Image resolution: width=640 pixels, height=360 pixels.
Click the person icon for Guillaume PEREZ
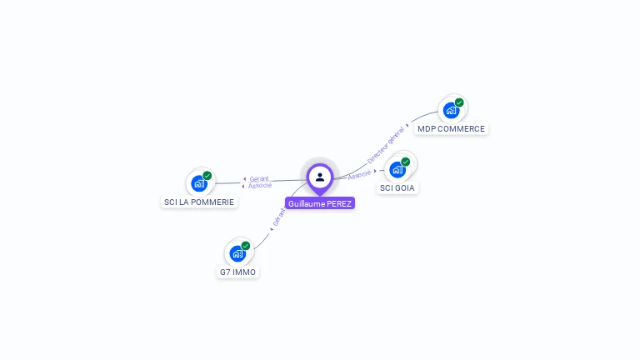coord(320,177)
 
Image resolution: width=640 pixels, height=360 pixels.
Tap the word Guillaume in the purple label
coord(307,203)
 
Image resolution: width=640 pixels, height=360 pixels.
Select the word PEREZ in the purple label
coord(339,203)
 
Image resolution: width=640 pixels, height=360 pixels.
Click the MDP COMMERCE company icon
coord(451,110)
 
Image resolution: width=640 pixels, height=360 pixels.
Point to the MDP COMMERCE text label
coord(451,129)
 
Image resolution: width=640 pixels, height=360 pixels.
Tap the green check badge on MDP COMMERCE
coord(459,102)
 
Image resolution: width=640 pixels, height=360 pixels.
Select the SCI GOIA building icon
coord(397,169)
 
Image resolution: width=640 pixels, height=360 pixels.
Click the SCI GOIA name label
coord(397,188)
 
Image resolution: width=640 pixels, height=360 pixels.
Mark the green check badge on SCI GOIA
coord(406,162)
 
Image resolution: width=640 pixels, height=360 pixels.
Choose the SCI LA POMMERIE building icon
coord(199,183)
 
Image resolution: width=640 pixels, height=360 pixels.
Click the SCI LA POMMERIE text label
coord(199,202)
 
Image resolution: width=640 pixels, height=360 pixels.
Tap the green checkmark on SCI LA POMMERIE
coord(207,176)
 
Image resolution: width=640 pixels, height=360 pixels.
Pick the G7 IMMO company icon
coord(237,253)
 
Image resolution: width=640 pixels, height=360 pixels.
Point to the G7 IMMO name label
coord(237,272)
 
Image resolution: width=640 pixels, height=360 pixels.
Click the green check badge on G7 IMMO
coord(246,246)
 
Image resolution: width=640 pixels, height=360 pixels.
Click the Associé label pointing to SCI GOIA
coord(359,174)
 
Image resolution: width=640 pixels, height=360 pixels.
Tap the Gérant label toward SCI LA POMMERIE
coord(259,178)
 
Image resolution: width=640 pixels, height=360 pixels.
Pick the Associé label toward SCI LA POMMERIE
coord(260,186)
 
